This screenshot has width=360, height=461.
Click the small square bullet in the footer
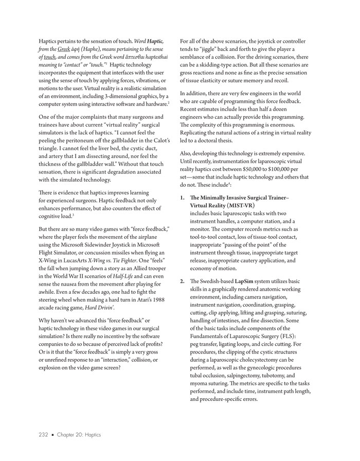pos(52,435)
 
